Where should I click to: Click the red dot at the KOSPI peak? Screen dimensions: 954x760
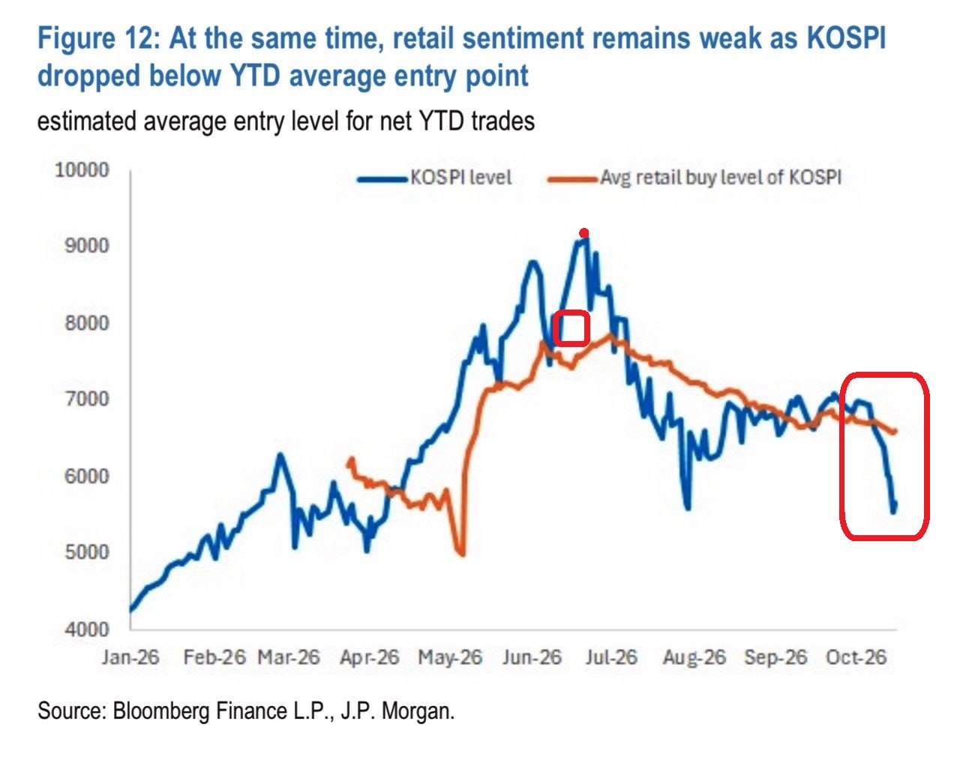(583, 233)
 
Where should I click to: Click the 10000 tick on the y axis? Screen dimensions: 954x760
(82, 170)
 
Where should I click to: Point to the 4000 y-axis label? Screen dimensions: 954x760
(86, 630)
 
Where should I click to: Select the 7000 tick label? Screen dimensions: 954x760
(86, 399)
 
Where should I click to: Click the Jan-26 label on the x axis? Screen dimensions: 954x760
(130, 657)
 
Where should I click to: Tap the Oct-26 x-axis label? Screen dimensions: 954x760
(856, 657)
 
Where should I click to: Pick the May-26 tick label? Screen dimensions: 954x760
(450, 657)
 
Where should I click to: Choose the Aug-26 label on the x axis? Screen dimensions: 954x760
(694, 657)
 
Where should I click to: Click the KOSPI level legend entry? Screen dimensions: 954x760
(434, 178)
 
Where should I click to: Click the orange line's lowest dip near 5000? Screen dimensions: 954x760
(462, 553)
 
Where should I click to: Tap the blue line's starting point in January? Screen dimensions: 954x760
(130, 611)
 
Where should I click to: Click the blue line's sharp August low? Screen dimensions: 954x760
(688, 507)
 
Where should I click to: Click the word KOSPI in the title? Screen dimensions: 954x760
(846, 38)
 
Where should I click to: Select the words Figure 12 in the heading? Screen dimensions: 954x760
(95, 38)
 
